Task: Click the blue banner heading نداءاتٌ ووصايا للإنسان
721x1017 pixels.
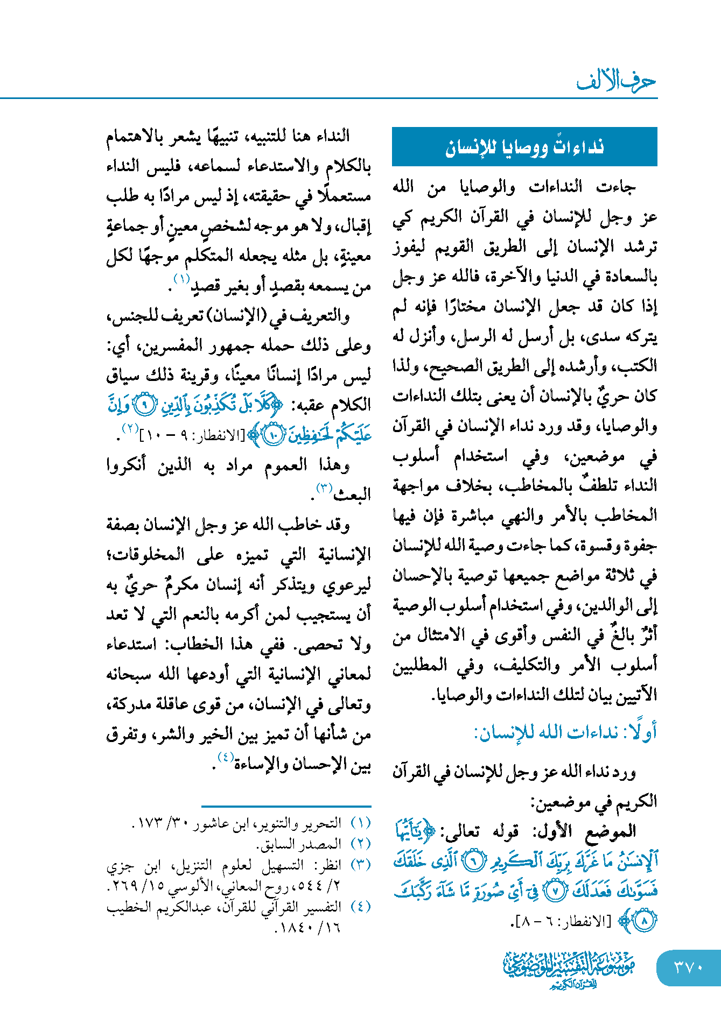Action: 524,147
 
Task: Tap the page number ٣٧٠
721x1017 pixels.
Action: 689,967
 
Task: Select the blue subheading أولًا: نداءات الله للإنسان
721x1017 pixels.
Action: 565,732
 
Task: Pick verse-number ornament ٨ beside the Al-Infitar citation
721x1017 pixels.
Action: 643,921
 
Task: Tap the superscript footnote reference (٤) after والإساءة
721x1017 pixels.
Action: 225,758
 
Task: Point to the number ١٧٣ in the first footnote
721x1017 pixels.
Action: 146,824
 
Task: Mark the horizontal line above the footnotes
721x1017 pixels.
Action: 286,807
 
